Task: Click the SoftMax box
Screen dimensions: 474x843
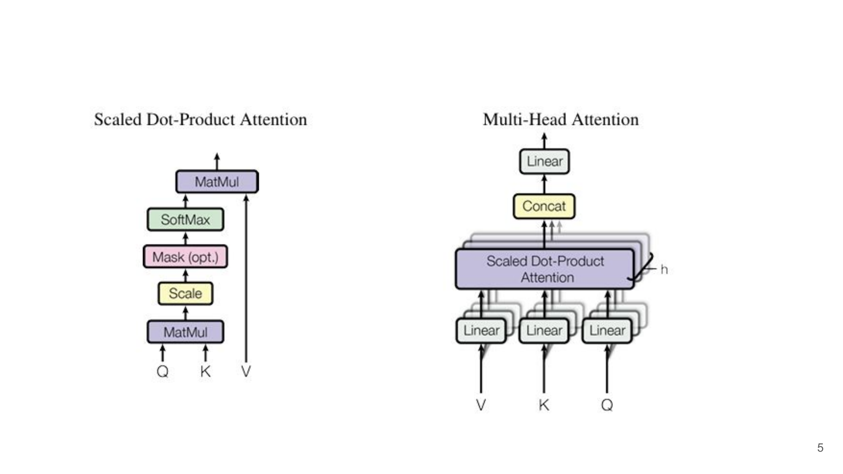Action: point(185,220)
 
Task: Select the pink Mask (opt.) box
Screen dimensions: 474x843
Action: point(185,257)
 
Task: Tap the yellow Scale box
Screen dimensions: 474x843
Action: point(185,293)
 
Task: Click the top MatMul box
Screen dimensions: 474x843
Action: point(217,182)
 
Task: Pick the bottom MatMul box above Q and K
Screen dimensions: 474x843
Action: point(185,332)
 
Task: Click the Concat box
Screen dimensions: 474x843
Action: point(544,206)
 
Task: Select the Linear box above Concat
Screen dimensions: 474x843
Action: point(544,161)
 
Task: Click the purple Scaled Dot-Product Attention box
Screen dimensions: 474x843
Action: point(545,269)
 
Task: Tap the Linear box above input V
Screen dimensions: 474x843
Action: point(481,330)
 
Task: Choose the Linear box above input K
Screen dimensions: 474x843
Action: point(544,330)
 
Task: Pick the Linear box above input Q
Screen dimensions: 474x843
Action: point(607,330)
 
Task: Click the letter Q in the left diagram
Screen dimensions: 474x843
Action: point(163,371)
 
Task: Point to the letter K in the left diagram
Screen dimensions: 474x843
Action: point(205,371)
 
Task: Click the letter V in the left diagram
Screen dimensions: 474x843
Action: point(246,371)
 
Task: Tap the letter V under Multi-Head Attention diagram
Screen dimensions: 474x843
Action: point(481,405)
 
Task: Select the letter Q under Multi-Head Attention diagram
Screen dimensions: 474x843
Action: point(607,405)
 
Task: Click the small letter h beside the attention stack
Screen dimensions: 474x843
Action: point(664,270)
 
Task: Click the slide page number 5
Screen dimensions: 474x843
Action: point(820,447)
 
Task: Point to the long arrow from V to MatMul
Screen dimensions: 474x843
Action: point(246,278)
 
